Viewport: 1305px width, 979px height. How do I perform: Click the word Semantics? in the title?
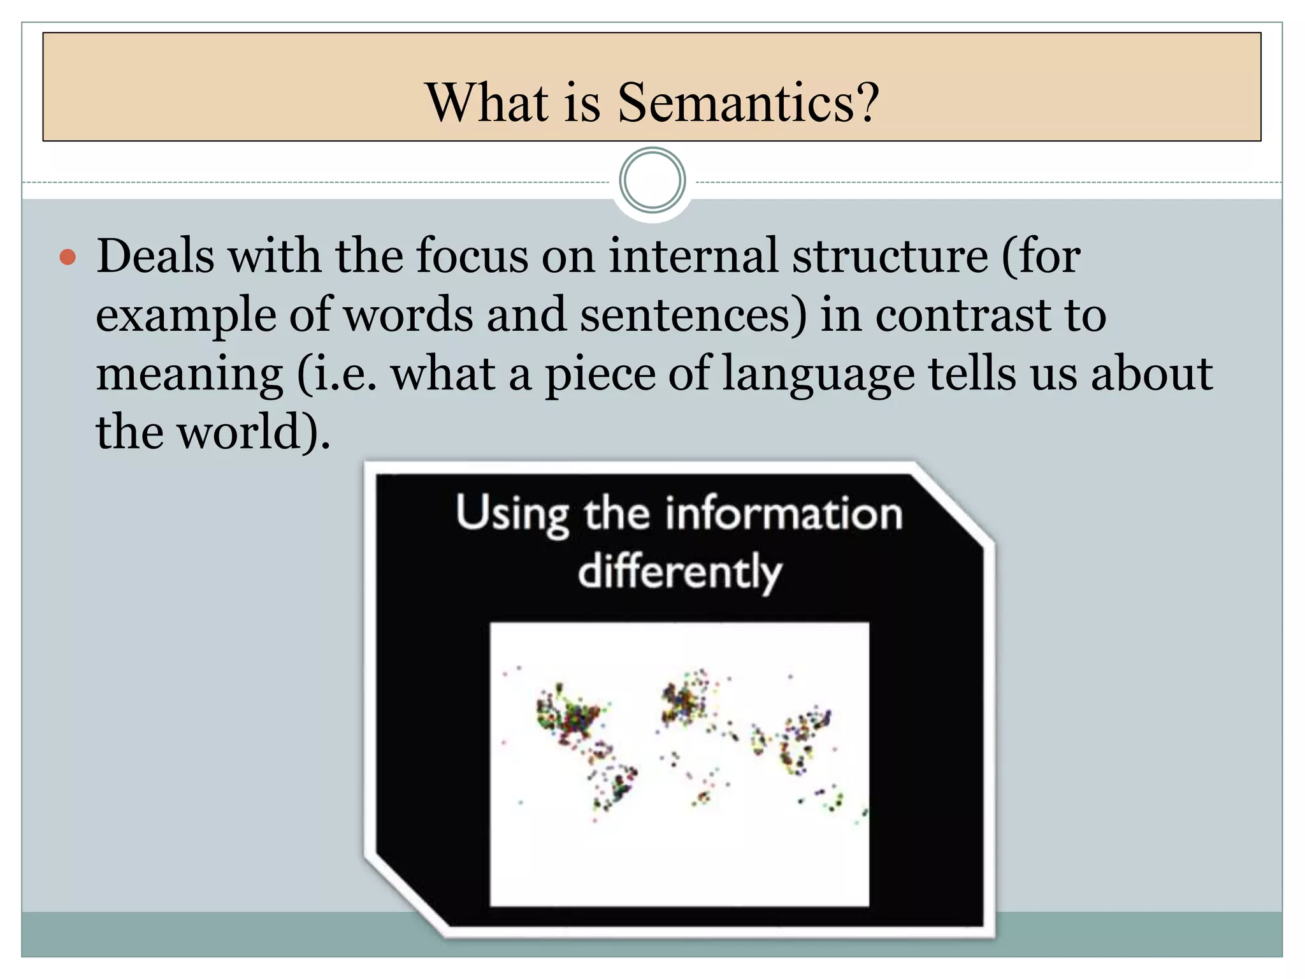pos(748,103)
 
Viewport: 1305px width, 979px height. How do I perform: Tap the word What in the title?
pos(487,103)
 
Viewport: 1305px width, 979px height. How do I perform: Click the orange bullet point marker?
pos(68,258)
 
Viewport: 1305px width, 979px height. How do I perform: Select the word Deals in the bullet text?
pos(155,256)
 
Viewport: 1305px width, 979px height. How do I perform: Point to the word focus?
pos(472,256)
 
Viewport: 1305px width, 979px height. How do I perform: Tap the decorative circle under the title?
pos(652,181)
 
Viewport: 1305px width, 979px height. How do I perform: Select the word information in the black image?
pos(784,514)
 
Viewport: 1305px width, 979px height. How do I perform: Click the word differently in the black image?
pos(679,572)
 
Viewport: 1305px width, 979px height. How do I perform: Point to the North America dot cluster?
pos(569,717)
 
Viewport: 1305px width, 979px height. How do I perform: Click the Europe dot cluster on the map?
pos(683,701)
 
